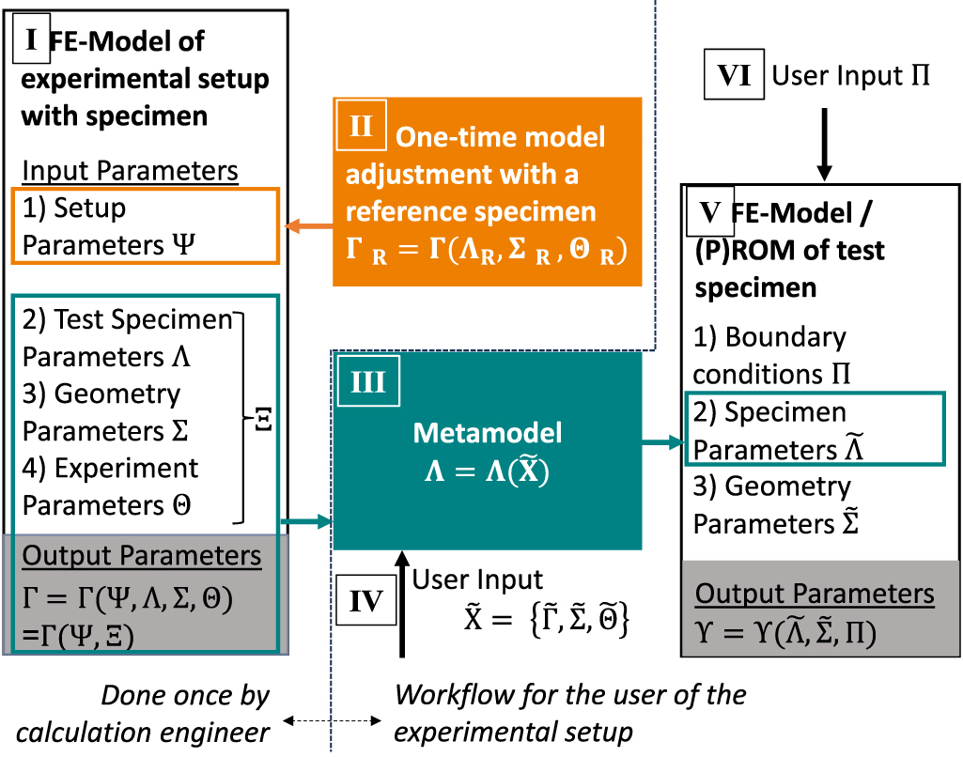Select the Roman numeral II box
[x=361, y=126]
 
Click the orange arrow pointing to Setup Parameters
[x=306, y=226]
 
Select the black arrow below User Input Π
[x=824, y=142]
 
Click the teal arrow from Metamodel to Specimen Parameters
[x=661, y=440]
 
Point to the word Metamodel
[x=487, y=432]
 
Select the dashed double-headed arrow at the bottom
[x=333, y=721]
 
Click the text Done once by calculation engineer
[x=185, y=713]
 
